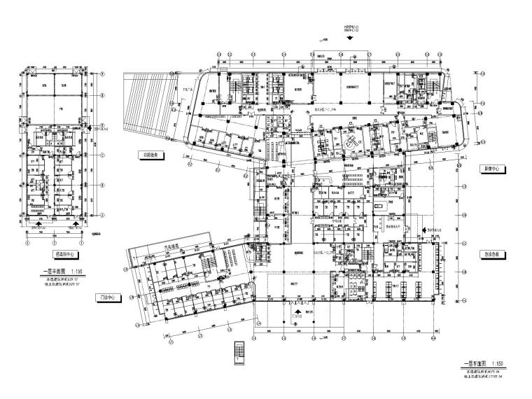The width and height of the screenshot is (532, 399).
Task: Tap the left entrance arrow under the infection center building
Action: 38,225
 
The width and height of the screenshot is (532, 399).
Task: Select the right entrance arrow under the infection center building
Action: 75,225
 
